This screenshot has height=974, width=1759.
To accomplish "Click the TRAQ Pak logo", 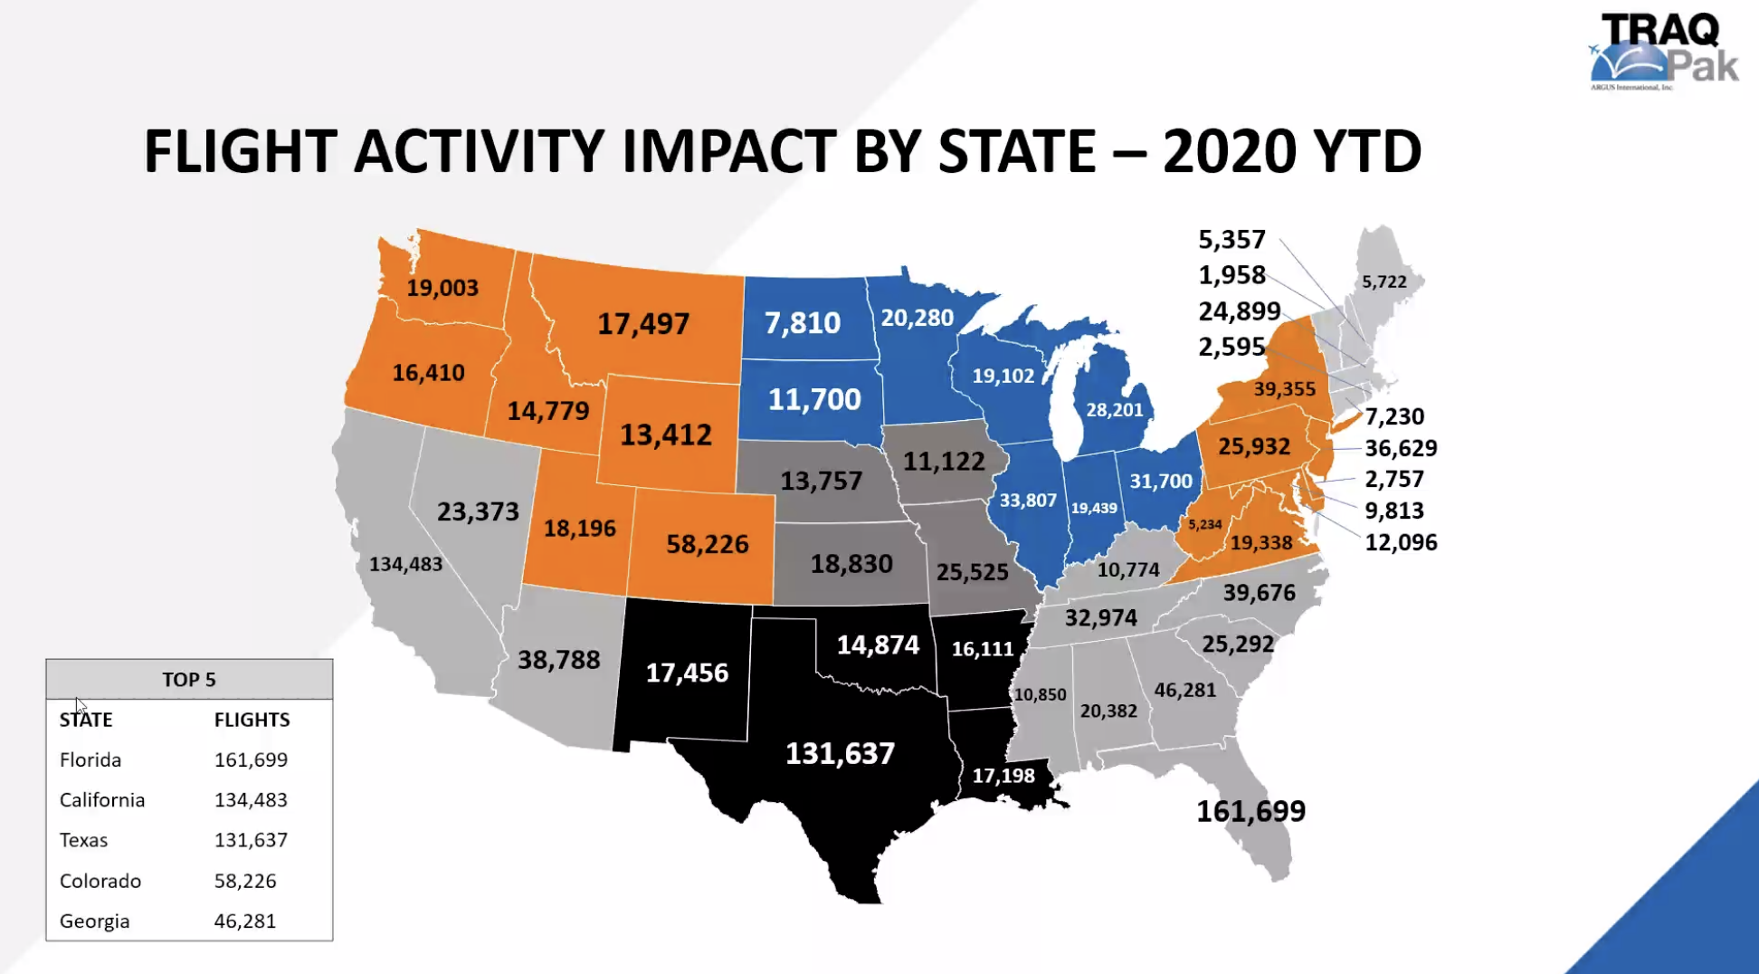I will point(1663,53).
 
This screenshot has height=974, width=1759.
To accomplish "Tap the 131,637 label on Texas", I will point(840,753).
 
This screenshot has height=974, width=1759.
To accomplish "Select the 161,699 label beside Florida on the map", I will point(1250,811).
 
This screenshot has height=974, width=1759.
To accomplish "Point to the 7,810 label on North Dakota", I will point(802,322).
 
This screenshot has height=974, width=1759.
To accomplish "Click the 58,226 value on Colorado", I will point(707,544).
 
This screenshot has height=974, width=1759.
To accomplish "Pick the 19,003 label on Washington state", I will point(442,288).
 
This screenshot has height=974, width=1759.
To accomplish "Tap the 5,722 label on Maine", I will point(1383,282).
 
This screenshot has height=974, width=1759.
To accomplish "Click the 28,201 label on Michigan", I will point(1114,410).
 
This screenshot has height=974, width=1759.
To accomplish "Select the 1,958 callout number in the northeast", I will point(1231,275).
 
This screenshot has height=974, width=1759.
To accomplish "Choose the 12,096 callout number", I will point(1401,542).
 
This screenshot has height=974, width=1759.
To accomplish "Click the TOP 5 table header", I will point(189,680).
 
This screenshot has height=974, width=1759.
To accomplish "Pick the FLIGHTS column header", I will point(252,720).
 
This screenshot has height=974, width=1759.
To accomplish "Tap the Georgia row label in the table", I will point(94,921).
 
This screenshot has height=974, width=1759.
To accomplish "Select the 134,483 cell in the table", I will point(251,800).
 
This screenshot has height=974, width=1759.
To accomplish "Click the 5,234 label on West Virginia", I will point(1204,525).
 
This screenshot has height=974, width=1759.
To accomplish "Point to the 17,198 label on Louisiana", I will point(1003,776).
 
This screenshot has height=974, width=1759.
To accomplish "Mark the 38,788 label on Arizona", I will point(558,660).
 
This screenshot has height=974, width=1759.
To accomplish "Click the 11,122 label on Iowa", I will point(944,462).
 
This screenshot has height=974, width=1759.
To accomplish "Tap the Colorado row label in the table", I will point(100,881).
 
